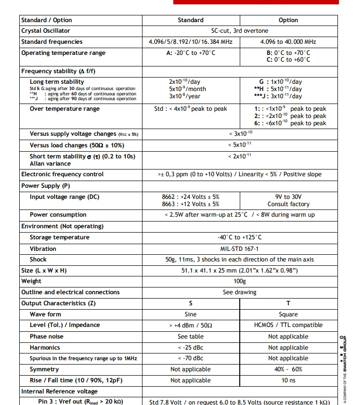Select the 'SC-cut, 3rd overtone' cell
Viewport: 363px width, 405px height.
239,31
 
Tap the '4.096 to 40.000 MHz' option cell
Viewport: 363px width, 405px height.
288,42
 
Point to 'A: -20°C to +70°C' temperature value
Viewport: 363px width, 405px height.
190,53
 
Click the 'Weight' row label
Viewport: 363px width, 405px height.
31,281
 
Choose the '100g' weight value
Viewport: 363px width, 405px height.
239,281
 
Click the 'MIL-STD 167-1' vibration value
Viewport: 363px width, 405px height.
239,249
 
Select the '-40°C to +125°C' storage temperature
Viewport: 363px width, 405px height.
239,237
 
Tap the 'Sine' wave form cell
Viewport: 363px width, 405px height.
191,314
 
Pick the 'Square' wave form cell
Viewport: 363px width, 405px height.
288,314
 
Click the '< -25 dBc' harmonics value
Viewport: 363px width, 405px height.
191,348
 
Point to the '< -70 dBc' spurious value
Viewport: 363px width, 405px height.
191,358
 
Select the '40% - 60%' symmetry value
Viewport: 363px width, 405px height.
288,369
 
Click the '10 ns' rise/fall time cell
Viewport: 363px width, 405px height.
288,380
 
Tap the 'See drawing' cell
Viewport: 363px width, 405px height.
239,292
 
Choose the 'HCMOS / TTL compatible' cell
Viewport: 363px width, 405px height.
288,326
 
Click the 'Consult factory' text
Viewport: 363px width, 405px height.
288,204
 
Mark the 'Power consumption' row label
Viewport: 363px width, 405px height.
58,215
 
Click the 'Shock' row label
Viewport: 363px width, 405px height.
38,260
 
